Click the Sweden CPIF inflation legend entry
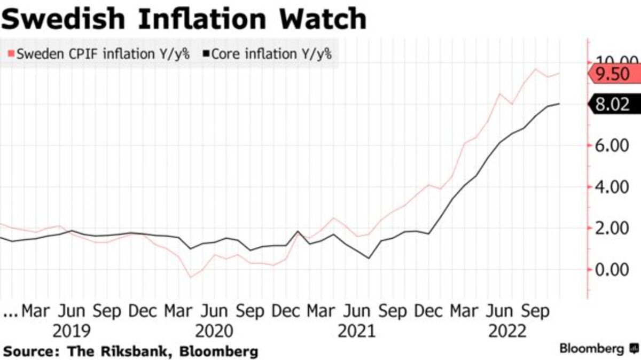[99, 54]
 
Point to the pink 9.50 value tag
[614, 75]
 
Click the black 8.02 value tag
[614, 104]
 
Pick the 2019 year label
[72, 331]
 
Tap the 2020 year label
[214, 331]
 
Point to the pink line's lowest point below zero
[191, 277]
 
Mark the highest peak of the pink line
[536, 69]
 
